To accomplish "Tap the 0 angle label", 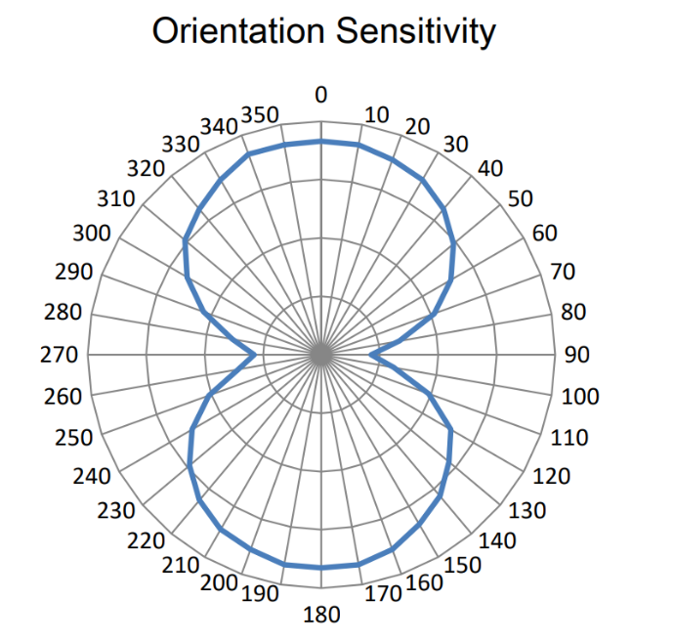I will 320,94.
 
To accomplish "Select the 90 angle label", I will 577,354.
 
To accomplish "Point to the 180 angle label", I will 321,615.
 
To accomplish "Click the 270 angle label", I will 59,354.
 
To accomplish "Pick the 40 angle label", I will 490,168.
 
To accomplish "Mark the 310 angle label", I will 116,199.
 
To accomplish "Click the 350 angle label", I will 261,114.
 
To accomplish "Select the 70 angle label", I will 565,272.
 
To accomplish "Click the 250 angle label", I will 74,438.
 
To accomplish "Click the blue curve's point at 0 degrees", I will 320,142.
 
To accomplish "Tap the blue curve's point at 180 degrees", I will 320,568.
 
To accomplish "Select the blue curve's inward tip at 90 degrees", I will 372,356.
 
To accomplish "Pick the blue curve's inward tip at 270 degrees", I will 257,356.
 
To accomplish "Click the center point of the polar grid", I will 320,356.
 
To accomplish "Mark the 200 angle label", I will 219,583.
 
